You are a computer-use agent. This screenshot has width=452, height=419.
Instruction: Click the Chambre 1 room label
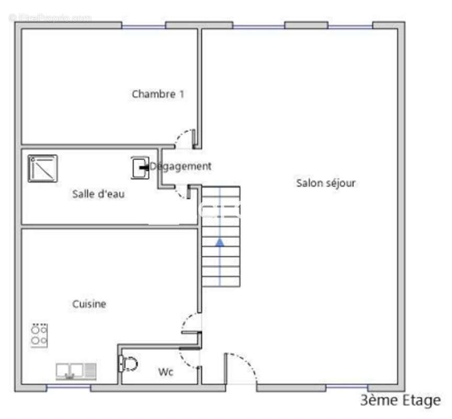pyautogui.click(x=157, y=94)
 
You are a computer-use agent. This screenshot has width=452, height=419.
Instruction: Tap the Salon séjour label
pyautogui.click(x=326, y=183)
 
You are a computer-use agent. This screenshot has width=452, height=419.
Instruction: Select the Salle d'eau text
pyautogui.click(x=98, y=194)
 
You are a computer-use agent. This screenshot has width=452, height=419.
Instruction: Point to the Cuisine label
pyautogui.click(x=89, y=304)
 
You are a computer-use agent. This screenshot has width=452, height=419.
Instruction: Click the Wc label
pyautogui.click(x=166, y=372)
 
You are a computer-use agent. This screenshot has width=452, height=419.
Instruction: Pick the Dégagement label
pyautogui.click(x=181, y=167)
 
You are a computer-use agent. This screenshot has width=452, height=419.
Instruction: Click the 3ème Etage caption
pyautogui.click(x=400, y=401)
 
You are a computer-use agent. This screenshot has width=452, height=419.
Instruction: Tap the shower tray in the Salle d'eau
pyautogui.click(x=43, y=168)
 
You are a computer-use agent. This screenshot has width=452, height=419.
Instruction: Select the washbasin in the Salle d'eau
pyautogui.click(x=140, y=168)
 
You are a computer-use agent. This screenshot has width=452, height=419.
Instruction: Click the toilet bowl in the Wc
pyautogui.click(x=129, y=363)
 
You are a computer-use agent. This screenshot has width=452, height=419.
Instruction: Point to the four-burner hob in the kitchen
pyautogui.click(x=39, y=336)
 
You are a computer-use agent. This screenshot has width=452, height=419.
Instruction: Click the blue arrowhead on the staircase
pyautogui.click(x=220, y=242)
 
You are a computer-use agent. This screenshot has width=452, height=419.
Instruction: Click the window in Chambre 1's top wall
pyautogui.click(x=143, y=25)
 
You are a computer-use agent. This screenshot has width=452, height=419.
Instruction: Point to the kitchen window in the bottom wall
pyautogui.click(x=68, y=388)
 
